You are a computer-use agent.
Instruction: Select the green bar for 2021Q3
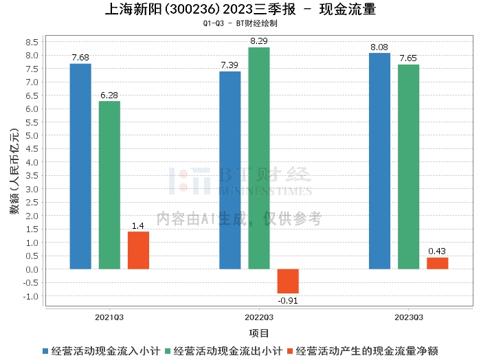click(x=109, y=185)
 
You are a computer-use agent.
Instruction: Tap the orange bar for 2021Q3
click(x=138, y=250)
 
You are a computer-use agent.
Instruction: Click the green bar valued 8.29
click(x=259, y=158)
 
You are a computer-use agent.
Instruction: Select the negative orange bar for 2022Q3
click(x=288, y=281)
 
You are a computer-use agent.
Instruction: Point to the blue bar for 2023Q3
click(x=379, y=161)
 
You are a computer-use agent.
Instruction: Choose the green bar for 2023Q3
click(x=408, y=166)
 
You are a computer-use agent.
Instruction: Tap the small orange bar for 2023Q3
click(x=437, y=263)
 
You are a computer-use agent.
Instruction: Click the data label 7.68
click(x=80, y=56)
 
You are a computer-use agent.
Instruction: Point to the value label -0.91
click(x=288, y=300)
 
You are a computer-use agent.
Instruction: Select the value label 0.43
click(x=437, y=251)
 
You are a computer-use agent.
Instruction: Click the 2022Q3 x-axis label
click(x=259, y=317)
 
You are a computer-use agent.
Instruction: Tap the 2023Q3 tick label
click(x=408, y=317)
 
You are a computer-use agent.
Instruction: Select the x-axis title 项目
click(x=259, y=333)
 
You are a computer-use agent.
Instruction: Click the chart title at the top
click(x=240, y=10)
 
